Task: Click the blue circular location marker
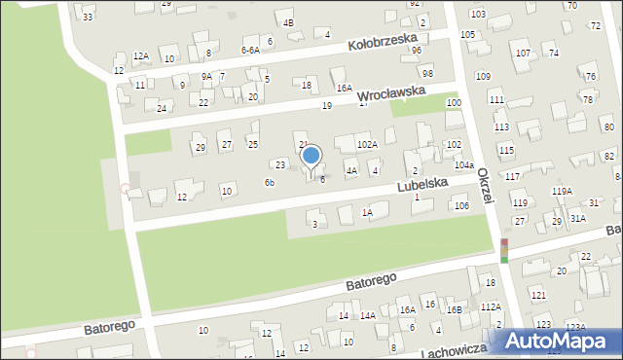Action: point(311,156)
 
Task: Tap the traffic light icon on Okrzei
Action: point(504,250)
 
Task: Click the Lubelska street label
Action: point(421,182)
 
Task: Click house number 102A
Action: point(366,145)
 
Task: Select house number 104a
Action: point(463,165)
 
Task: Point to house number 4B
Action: point(287,22)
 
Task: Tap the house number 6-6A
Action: point(250,50)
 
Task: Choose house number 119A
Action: point(562,192)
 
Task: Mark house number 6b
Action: point(270,182)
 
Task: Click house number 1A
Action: point(367,212)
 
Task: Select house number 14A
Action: point(368,315)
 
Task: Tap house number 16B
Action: point(454,309)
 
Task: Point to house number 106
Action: point(461,205)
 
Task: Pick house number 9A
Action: point(206,76)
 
